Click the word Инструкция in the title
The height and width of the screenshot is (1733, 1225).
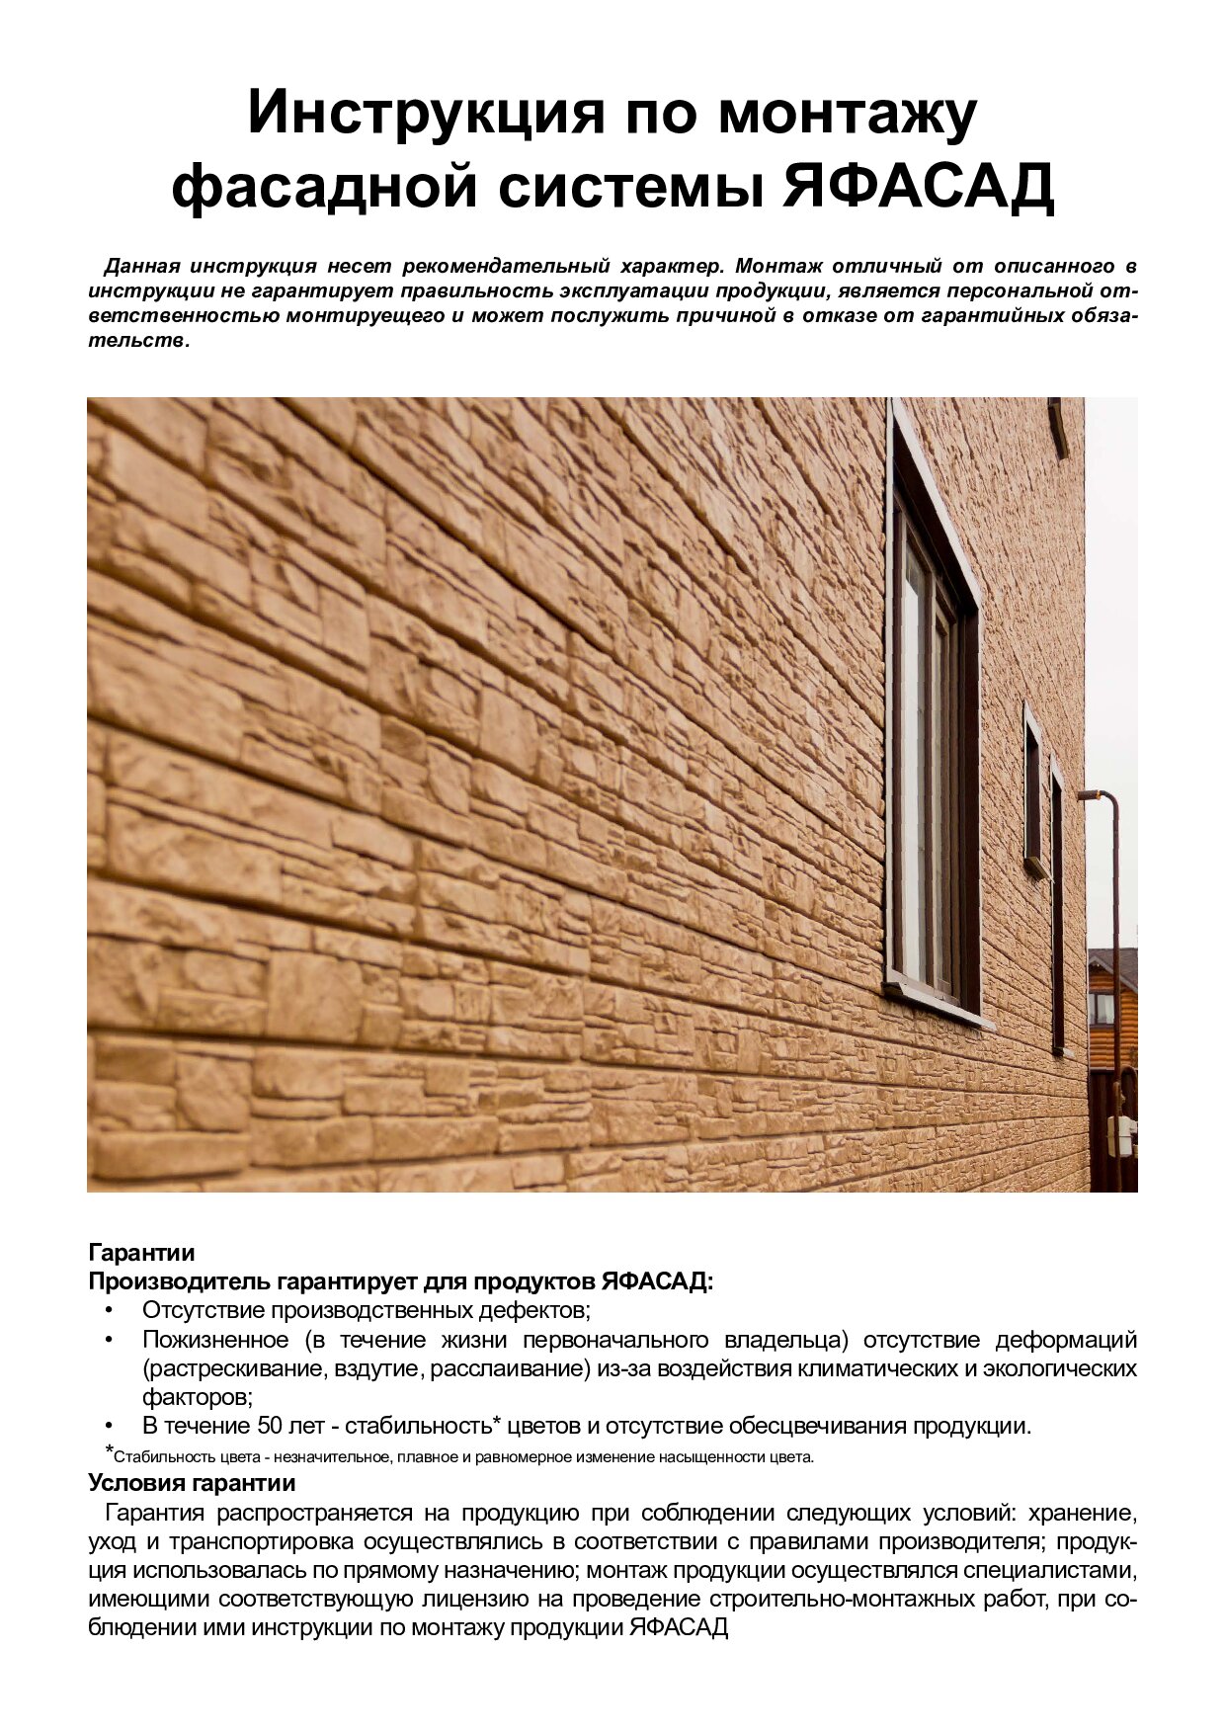425,113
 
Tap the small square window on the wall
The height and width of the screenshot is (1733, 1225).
1032,790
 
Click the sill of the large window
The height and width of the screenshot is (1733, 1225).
939,1004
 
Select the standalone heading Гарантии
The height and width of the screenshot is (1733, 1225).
141,1253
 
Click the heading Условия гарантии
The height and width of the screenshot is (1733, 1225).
192,1483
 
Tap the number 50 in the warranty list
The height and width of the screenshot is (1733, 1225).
270,1426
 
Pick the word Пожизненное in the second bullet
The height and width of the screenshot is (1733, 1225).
215,1340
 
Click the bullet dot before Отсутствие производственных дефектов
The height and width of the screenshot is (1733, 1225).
109,1311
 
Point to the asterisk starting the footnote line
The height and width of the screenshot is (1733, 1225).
109,1450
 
